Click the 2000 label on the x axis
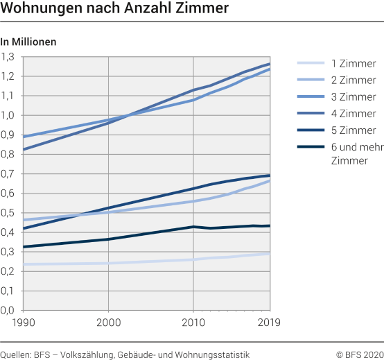pos(108,322)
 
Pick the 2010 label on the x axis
pos(192,322)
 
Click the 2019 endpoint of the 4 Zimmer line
pos(270,64)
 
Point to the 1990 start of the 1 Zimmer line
pos(24,264)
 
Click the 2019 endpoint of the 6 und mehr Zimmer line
pos(270,225)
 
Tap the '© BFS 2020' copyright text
pos(359,354)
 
